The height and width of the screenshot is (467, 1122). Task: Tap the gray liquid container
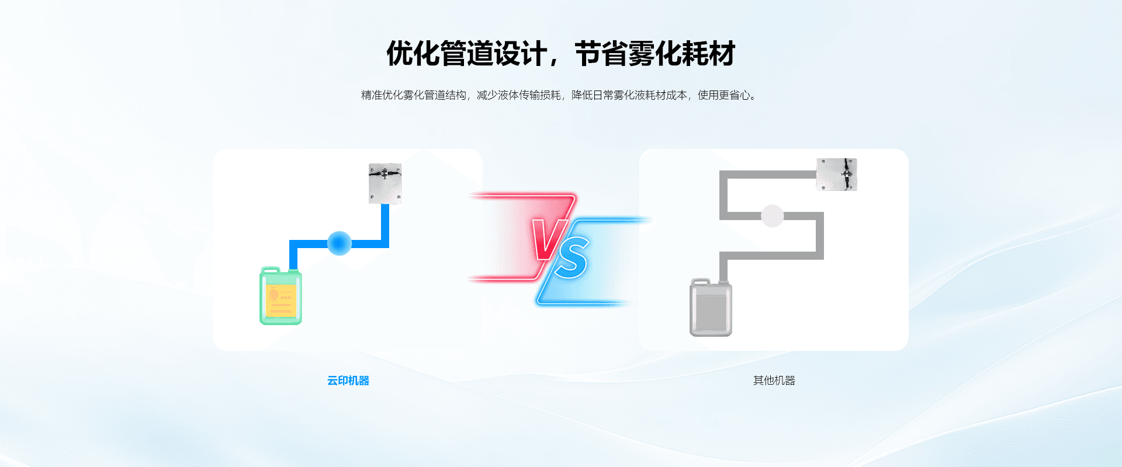coord(711,307)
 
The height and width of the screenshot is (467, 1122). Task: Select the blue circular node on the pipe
coord(339,243)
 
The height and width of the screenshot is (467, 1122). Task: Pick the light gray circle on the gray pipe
coord(772,216)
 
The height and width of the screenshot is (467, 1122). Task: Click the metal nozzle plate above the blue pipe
coord(385,183)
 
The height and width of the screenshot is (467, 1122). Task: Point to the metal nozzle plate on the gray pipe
coord(836,174)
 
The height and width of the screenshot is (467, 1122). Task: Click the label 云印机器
coord(348,381)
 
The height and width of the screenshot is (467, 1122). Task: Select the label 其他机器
coord(774,381)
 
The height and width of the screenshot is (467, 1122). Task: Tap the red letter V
coord(549,239)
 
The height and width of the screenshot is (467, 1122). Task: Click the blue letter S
coord(572,259)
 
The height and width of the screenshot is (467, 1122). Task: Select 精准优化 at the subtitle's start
coord(382,95)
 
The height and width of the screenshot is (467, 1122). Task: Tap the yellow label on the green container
coord(281,300)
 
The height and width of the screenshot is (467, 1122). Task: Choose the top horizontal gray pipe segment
coord(768,175)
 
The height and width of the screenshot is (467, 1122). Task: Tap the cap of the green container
coord(270,270)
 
